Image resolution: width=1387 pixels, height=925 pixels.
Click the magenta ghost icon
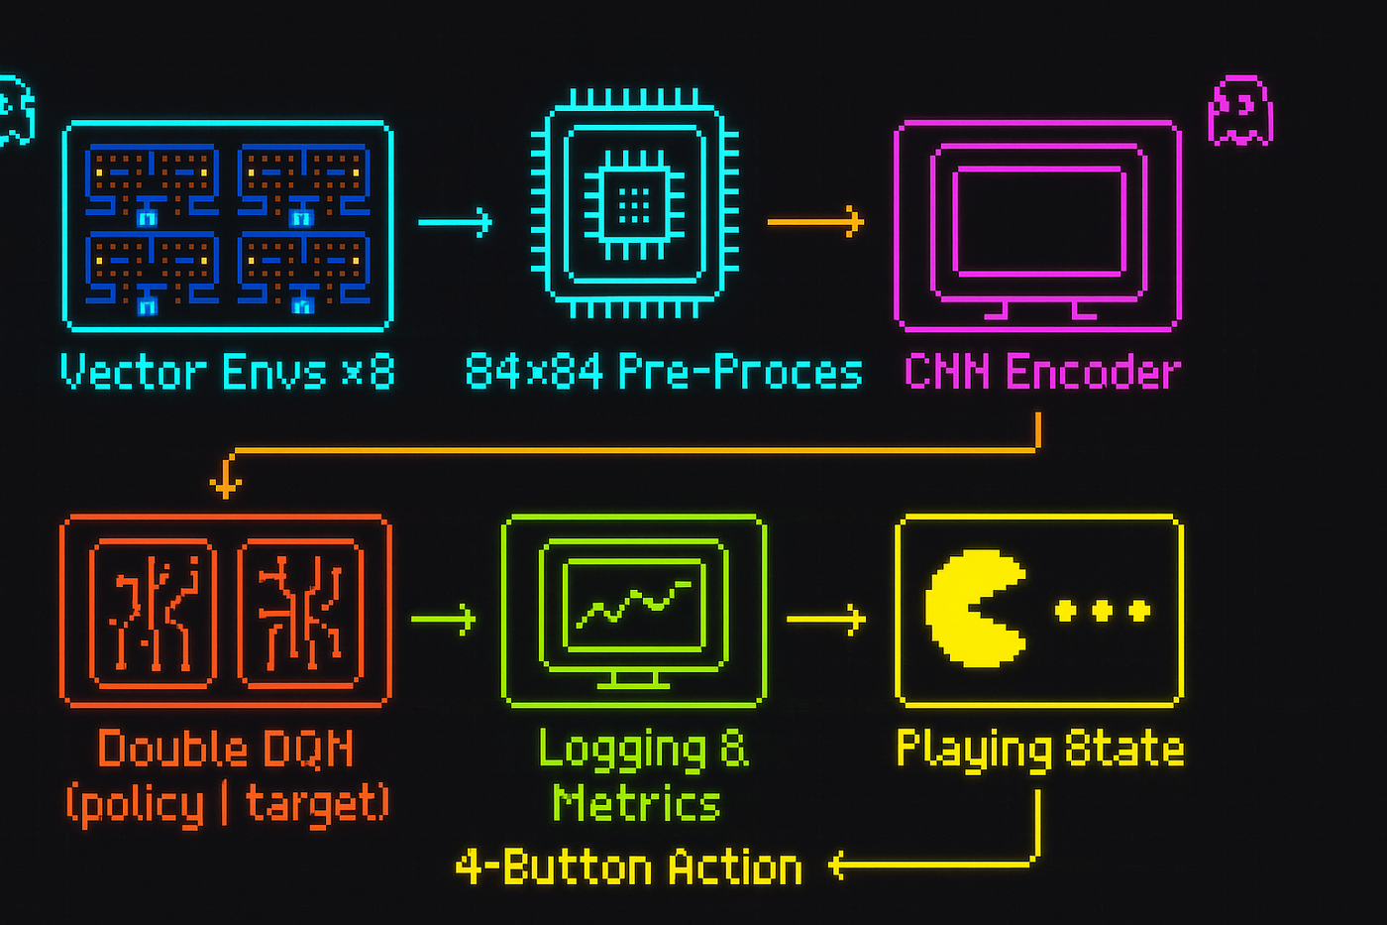point(1239,111)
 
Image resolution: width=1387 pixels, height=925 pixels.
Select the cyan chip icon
point(634,205)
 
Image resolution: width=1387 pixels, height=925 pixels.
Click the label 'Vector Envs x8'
point(227,373)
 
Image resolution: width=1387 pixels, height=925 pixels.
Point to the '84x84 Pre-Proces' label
point(663,373)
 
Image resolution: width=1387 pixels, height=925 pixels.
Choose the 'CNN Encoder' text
point(1042,373)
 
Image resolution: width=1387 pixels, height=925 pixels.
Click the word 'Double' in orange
point(158,749)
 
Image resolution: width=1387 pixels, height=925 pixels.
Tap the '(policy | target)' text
point(227,802)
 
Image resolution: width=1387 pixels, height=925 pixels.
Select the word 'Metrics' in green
point(635,802)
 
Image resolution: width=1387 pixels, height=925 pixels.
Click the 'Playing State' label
point(1039,749)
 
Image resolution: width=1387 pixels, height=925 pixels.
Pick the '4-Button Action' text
point(628,867)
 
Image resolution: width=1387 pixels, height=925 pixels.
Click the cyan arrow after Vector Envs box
point(455,222)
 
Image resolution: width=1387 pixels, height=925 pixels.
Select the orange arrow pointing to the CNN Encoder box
point(815,221)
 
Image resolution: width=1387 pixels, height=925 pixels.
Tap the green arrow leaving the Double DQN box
point(443,619)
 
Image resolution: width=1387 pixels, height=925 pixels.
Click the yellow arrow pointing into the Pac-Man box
point(826,619)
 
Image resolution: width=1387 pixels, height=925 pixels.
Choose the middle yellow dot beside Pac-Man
point(1102,610)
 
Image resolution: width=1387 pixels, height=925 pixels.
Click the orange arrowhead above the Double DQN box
point(226,486)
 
